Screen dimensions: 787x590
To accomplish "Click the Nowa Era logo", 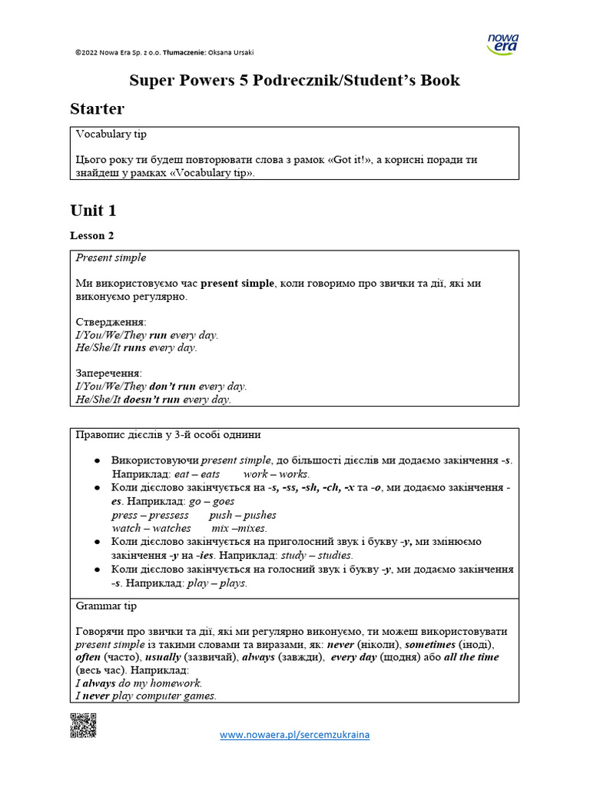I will point(503,44).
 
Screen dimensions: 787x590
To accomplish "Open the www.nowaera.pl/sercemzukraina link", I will point(294,735).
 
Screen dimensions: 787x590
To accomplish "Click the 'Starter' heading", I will point(97,108).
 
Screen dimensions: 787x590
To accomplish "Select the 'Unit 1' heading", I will point(93,211).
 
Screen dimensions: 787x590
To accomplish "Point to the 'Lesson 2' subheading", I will point(92,236).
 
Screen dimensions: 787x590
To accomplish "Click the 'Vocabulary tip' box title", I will point(111,134).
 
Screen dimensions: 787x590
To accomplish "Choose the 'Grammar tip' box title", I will point(106,606).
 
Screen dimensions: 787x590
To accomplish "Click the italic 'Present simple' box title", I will point(111,257).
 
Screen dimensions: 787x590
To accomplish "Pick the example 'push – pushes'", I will point(243,515).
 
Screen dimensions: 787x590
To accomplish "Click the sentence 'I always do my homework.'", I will point(139,682).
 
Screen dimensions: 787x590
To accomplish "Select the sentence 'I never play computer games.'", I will point(146,696).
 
